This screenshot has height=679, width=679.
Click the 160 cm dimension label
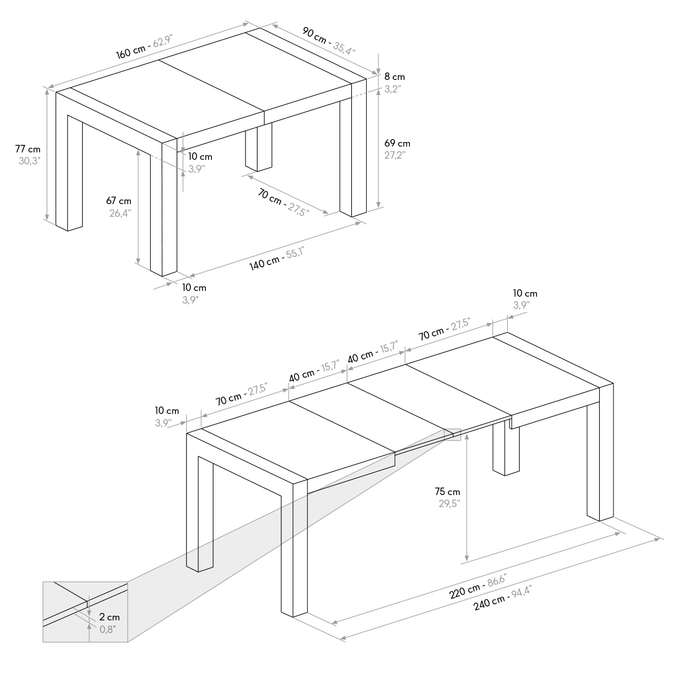coord(131,51)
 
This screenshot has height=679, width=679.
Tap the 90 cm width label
coord(314,35)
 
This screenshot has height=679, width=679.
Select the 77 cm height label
coord(28,149)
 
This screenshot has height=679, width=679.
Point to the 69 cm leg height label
coord(397,143)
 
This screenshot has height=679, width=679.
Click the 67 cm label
coord(118,201)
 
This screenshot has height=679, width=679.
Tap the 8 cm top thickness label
coord(394,76)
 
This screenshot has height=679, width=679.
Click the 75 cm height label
coord(447,492)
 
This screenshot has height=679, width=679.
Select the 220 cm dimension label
coord(465,590)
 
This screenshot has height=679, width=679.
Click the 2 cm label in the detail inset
coord(109,617)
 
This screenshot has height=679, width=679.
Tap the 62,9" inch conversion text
coord(163,41)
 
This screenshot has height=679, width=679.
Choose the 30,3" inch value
coord(29,161)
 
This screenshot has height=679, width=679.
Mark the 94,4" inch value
coord(521,591)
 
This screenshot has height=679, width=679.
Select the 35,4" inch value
coord(344,48)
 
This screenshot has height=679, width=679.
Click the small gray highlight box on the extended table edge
coord(452,435)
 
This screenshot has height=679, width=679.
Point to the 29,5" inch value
coord(449,504)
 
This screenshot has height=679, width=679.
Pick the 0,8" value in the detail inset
coord(108,629)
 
